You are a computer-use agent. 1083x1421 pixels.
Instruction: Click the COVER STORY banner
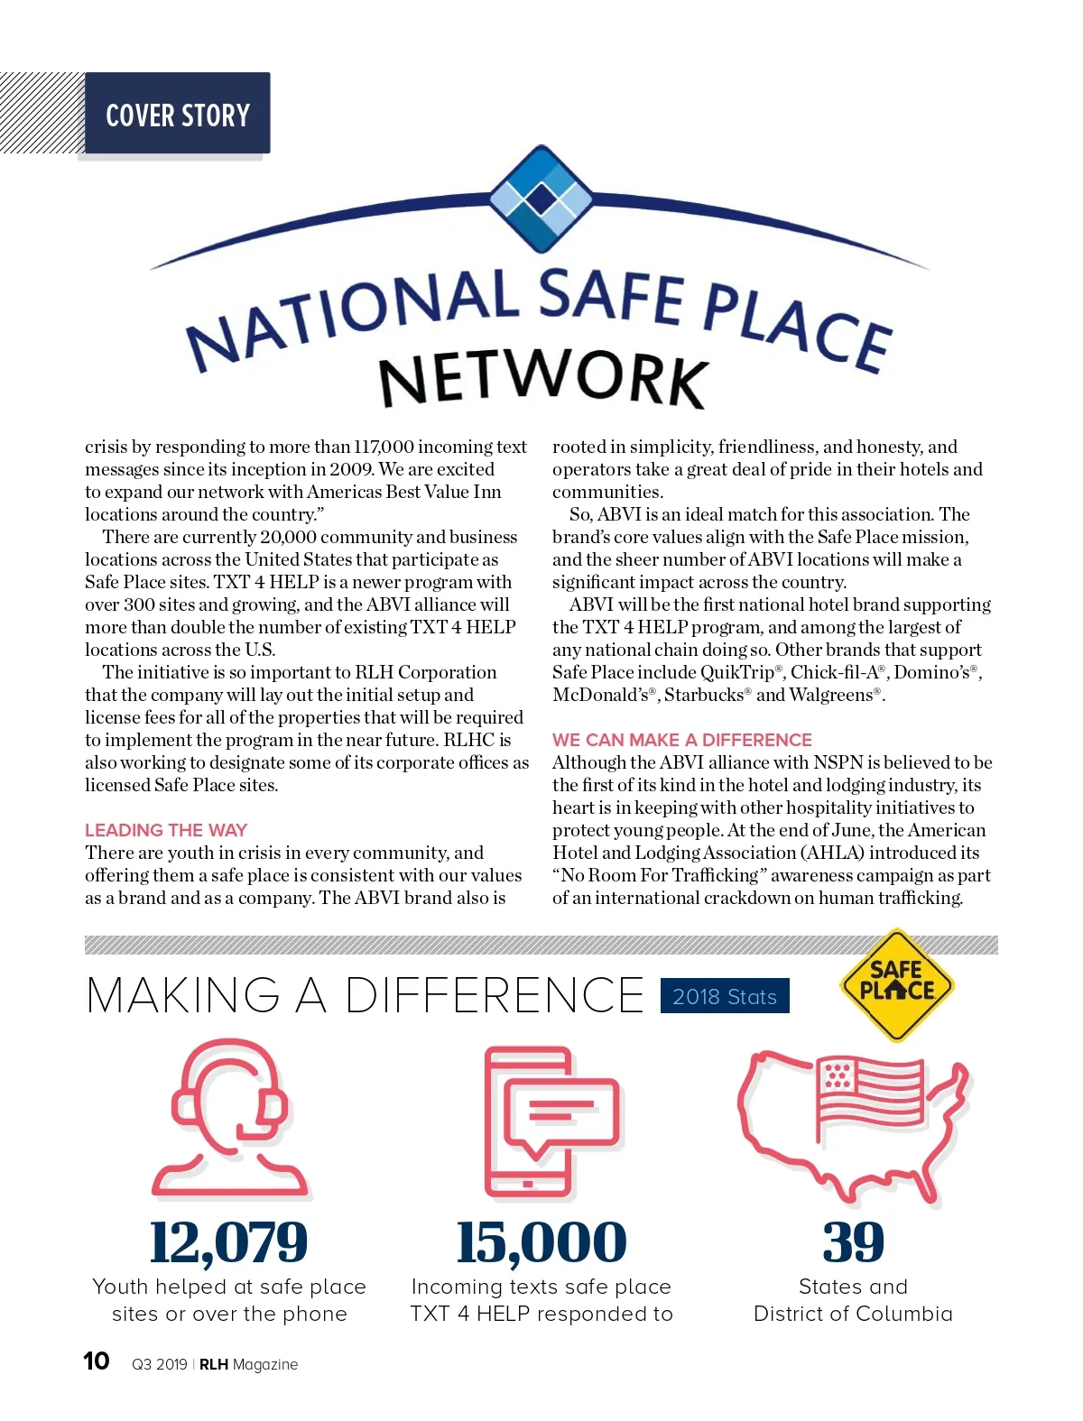coord(178,115)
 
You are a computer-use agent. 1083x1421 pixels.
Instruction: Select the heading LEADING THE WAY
coord(166,830)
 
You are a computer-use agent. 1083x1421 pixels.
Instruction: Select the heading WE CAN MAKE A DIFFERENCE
coord(682,740)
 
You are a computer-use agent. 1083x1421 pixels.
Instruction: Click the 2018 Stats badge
coord(725,996)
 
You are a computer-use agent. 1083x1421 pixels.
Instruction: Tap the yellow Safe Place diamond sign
coord(896,984)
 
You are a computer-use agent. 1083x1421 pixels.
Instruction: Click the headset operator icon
coord(230,1119)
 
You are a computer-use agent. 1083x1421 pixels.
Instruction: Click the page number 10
coord(97,1361)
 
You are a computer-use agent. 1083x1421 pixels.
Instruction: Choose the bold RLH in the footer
coord(214,1364)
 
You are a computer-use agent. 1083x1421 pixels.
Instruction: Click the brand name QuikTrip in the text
coord(737,672)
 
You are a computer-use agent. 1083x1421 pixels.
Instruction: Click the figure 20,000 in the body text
coord(288,537)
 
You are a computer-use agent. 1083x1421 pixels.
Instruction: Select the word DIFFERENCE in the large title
coord(495,996)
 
